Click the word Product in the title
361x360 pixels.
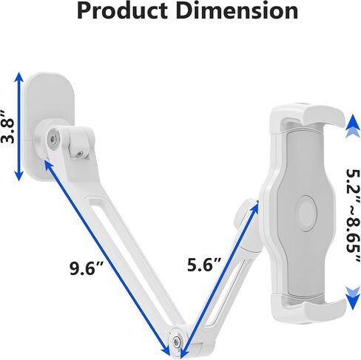[x=123, y=11]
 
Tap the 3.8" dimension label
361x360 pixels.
[x=7, y=126]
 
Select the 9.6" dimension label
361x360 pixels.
[x=86, y=268]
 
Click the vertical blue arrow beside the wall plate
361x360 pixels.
[x=19, y=127]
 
